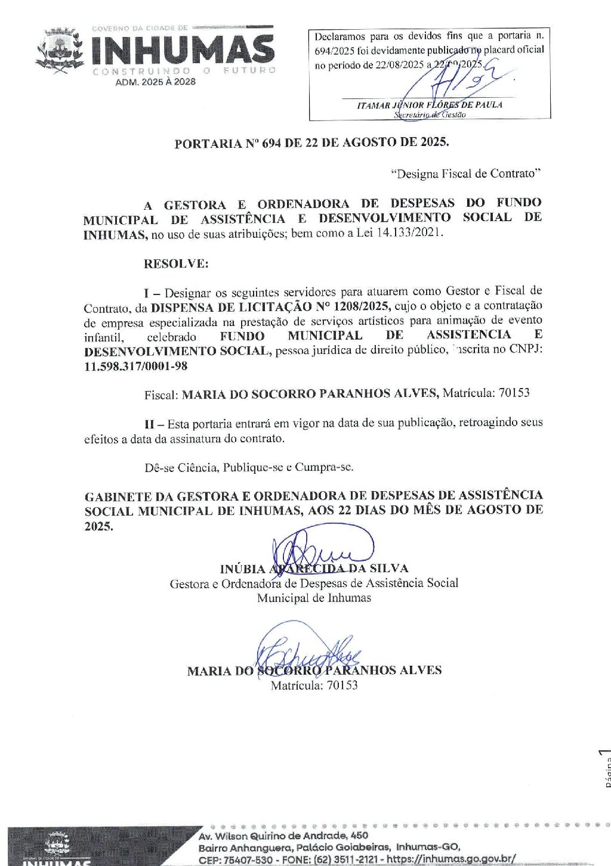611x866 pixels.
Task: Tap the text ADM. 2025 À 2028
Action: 155,82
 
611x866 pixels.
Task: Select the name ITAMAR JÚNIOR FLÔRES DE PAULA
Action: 430,105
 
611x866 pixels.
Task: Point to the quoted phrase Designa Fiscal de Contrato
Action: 465,173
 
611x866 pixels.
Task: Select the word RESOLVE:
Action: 176,263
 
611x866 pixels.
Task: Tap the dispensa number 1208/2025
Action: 361,306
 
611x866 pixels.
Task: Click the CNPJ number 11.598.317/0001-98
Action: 135,366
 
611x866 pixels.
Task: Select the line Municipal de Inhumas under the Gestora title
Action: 314,598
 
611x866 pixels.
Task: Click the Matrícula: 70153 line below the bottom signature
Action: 314,685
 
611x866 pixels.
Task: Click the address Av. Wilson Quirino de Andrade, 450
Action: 283,836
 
